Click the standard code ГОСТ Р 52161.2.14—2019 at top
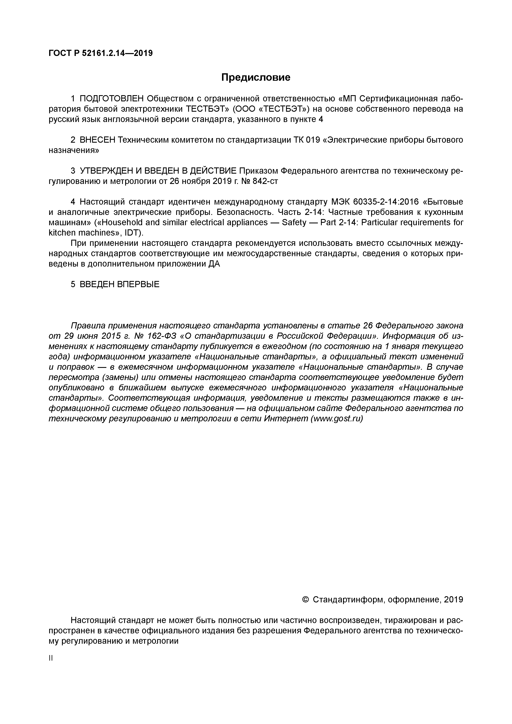(x=101, y=53)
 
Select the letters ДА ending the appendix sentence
(x=214, y=264)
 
